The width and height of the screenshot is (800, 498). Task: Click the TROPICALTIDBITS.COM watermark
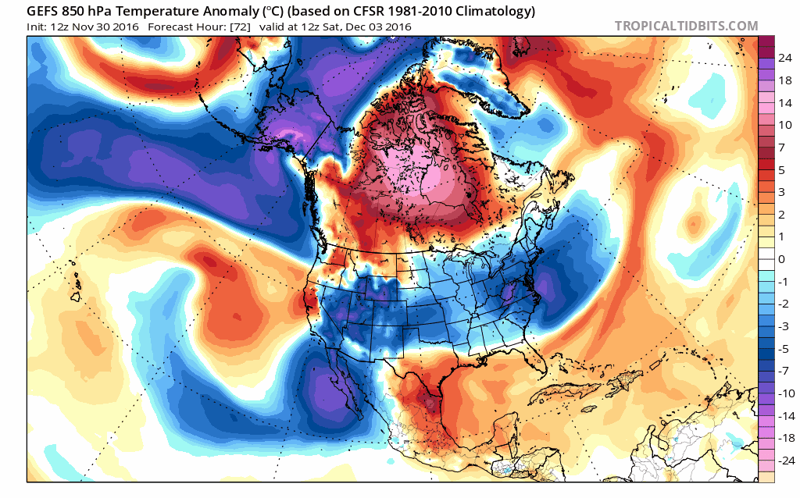[x=686, y=26]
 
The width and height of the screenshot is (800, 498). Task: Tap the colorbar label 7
[x=782, y=147]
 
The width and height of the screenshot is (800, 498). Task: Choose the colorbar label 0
[x=782, y=258]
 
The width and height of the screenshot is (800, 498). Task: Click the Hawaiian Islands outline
[x=76, y=289]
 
